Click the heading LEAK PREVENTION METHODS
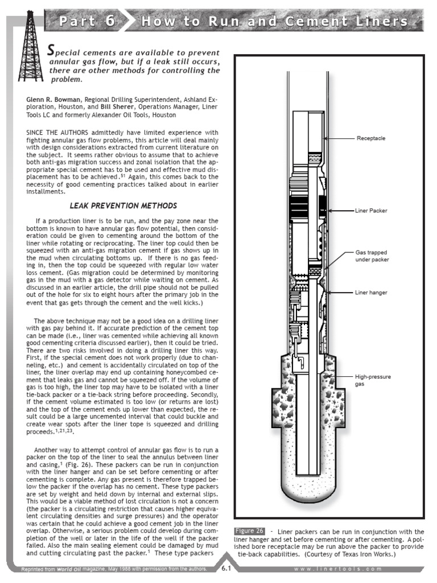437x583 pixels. pyautogui.click(x=123, y=206)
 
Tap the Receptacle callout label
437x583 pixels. pyautogui.click(x=370, y=138)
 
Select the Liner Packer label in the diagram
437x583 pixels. pyautogui.click(x=371, y=211)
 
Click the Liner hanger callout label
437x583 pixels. pyautogui.click(x=371, y=293)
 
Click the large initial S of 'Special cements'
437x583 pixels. pyautogui.click(x=51, y=50)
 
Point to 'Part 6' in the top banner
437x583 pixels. pyautogui.click(x=87, y=22)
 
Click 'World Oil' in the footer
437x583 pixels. pyautogui.click(x=71, y=570)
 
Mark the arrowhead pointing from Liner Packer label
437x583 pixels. pyautogui.click(x=329, y=211)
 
